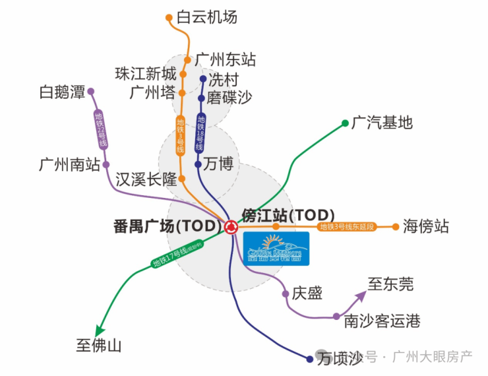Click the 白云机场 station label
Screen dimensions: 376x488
click(x=207, y=18)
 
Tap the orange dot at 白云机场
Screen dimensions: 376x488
click(x=169, y=18)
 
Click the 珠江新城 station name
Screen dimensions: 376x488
click(x=146, y=73)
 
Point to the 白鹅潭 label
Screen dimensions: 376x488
click(x=62, y=92)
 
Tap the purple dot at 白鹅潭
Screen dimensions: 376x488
click(x=91, y=92)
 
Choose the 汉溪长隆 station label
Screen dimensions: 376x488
click(x=146, y=179)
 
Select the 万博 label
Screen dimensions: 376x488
click(x=219, y=164)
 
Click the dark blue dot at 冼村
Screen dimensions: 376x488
click(x=202, y=79)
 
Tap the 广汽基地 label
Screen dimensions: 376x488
click(x=382, y=122)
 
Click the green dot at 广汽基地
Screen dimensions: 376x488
click(x=346, y=123)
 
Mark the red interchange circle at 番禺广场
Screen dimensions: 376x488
click(x=231, y=227)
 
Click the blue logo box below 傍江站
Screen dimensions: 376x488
click(x=276, y=248)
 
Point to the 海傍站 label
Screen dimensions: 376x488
click(x=425, y=227)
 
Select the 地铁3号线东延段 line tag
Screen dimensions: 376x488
click(x=346, y=227)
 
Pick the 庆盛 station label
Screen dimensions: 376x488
click(x=307, y=294)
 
